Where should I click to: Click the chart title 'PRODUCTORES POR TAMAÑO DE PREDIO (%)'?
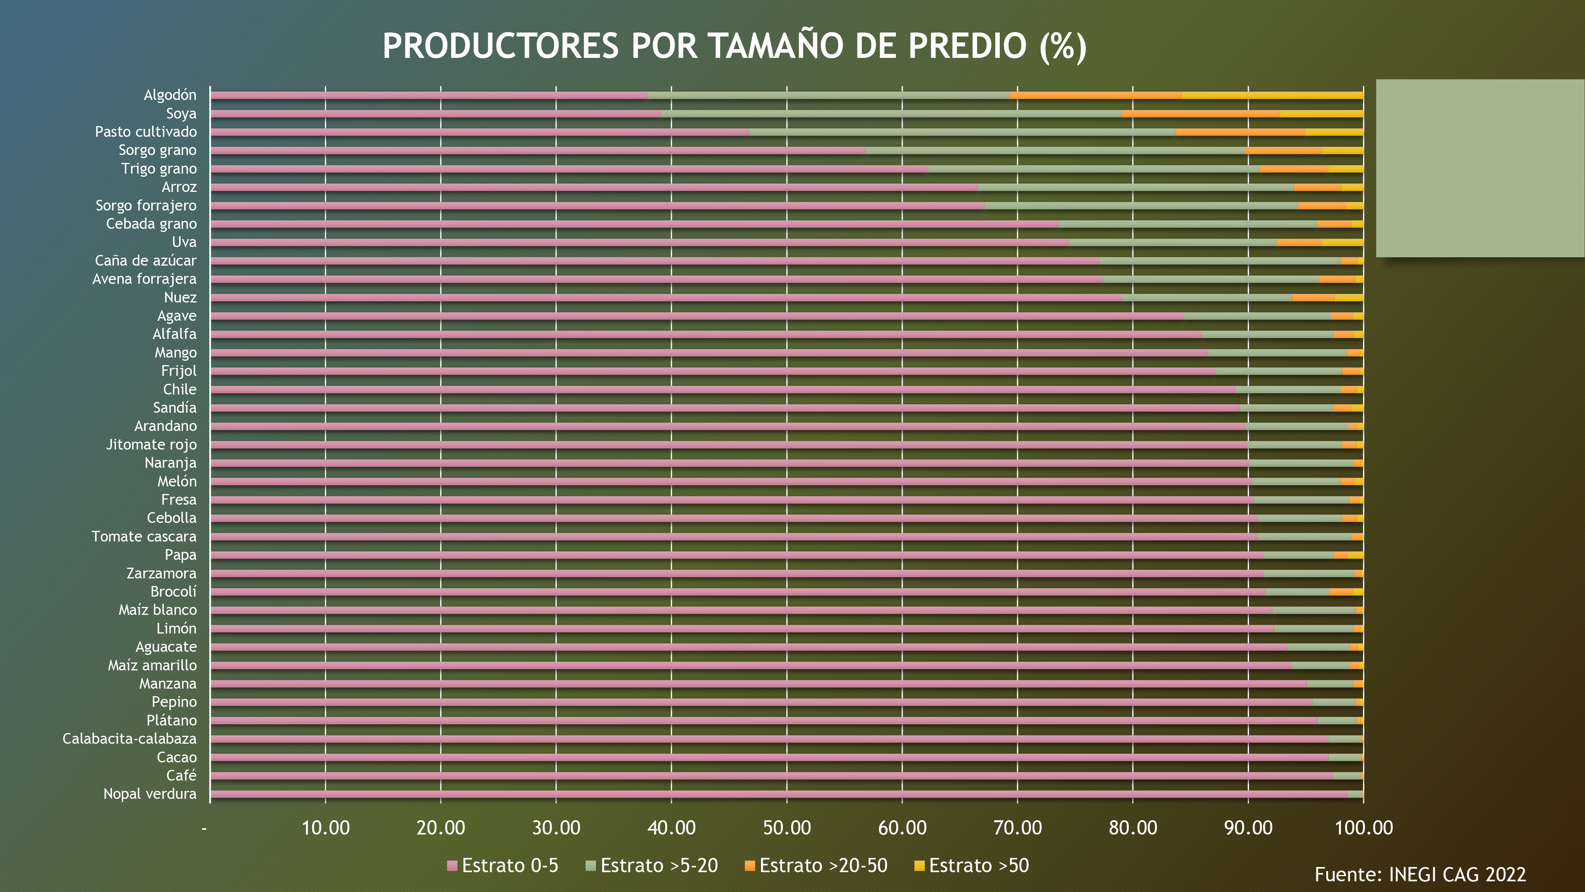pyautogui.click(x=734, y=46)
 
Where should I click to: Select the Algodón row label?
pyautogui.click(x=170, y=95)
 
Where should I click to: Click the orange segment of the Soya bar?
pyautogui.click(x=1201, y=114)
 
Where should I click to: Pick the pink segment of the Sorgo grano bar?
pyautogui.click(x=537, y=151)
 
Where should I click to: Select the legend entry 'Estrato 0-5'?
pyautogui.click(x=503, y=865)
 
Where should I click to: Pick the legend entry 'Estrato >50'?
pyautogui.click(x=972, y=865)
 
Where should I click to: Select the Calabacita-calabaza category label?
pyautogui.click(x=129, y=739)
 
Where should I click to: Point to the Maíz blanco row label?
pyautogui.click(x=158, y=610)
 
